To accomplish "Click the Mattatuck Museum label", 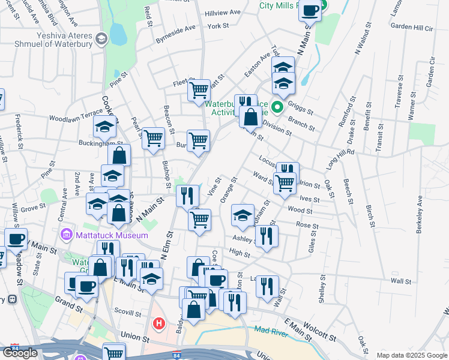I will [112, 235].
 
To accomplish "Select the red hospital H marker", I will [159, 324].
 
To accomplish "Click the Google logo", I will [20, 353].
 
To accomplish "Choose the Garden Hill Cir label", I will [411, 28].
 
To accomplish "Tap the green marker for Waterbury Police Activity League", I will [277, 108].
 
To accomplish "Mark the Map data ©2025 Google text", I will [411, 355].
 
